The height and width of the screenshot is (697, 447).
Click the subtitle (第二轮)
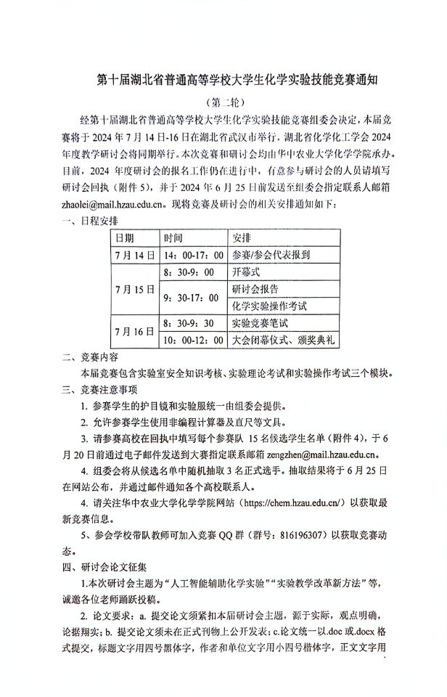pyautogui.click(x=224, y=102)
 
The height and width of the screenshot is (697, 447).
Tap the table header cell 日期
pyautogui.click(x=125, y=238)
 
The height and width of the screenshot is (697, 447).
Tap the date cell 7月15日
pyautogui.click(x=134, y=289)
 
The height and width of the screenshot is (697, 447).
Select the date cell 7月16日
pyautogui.click(x=134, y=330)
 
